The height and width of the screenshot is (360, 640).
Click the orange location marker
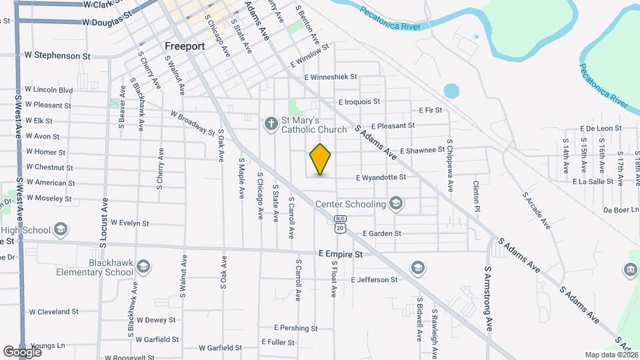tap(321, 159)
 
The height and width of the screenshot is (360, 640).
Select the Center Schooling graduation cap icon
tap(397, 203)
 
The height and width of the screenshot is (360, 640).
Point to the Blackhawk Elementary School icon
tap(143, 268)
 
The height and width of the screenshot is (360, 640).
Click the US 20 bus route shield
tap(341, 224)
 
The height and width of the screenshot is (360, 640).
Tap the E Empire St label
tap(340, 254)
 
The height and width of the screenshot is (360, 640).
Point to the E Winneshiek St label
tap(331, 77)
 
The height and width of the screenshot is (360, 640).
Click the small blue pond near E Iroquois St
tap(451, 90)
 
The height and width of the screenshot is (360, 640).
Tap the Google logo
tap(22, 351)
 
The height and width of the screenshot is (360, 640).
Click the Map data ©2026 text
tap(611, 355)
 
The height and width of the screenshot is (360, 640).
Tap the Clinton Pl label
tap(477, 193)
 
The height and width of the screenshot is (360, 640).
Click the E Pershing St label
tap(295, 328)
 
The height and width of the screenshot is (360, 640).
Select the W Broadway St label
tap(193, 123)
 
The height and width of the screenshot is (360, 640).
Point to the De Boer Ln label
tap(620, 209)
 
